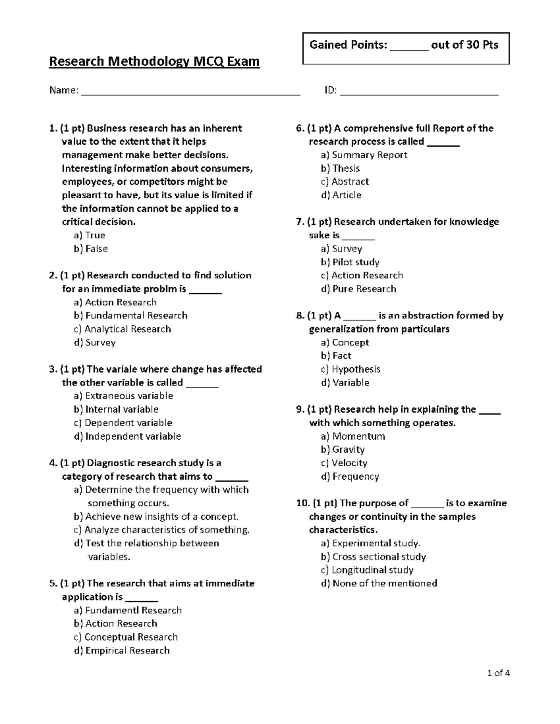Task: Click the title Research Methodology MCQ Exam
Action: click(154, 62)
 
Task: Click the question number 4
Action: click(52, 463)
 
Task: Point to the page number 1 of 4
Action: click(498, 673)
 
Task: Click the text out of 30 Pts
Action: click(464, 45)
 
